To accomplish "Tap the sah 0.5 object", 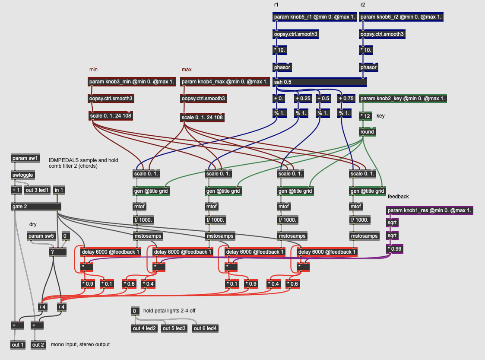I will [x=320, y=82].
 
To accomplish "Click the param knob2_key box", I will [x=403, y=99].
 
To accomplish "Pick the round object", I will [x=367, y=132].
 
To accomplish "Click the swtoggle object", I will [x=23, y=175].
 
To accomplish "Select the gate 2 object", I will [x=36, y=207].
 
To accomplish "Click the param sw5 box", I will [x=41, y=236].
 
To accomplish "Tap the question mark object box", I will [x=58, y=252].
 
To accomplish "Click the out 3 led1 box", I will [x=37, y=190].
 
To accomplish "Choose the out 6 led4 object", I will [x=205, y=328].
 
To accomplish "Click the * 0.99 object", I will [x=395, y=249].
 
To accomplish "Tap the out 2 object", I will [x=38, y=344].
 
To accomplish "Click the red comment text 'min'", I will [x=93, y=70].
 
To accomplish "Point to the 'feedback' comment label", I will [x=398, y=197].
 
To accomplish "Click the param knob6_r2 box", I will [x=402, y=17].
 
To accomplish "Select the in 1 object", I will [x=59, y=190].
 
